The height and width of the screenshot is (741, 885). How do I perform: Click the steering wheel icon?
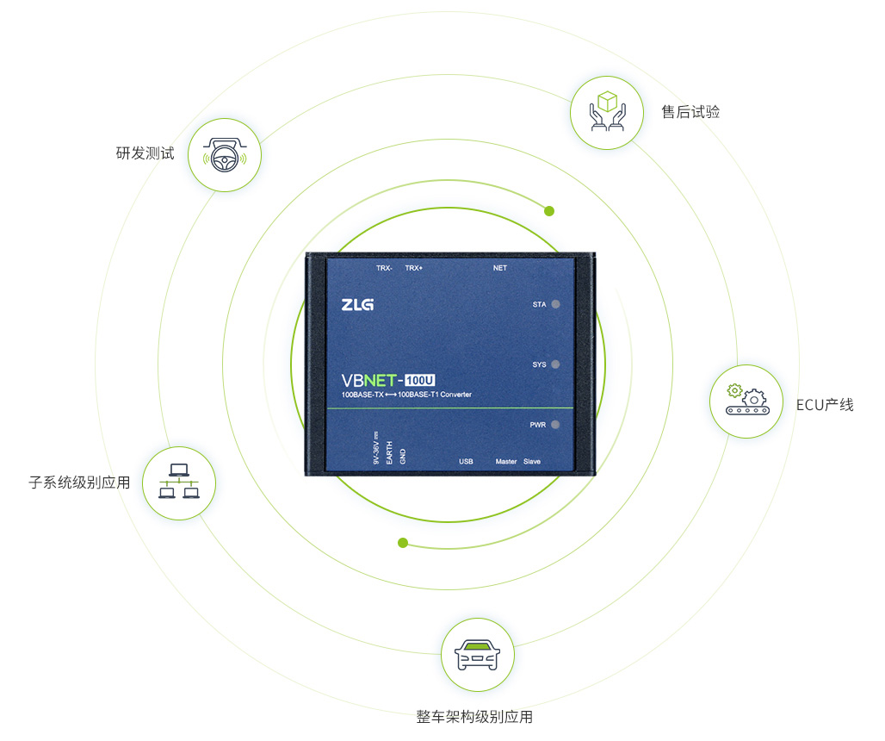(225, 155)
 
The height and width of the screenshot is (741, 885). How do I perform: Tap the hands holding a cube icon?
(607, 112)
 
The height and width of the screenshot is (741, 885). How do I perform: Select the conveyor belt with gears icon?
(747, 399)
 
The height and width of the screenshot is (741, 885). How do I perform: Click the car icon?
(478, 655)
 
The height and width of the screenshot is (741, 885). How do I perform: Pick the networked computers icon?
(179, 481)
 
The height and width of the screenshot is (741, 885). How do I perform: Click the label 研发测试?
(145, 153)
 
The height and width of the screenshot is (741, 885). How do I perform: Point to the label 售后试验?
(690, 112)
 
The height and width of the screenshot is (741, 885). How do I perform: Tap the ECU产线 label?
(825, 405)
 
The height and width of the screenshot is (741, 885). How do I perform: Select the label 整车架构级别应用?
(474, 717)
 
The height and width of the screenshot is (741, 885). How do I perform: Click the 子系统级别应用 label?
(79, 482)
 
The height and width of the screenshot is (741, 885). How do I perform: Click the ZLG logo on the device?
(357, 304)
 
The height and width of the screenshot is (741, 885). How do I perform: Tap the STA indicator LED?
(555, 304)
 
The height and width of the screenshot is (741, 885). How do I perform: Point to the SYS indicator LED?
(555, 364)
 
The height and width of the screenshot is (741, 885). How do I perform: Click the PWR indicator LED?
(555, 424)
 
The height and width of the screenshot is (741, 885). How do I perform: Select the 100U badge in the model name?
(420, 380)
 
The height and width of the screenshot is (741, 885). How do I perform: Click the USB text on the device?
(466, 462)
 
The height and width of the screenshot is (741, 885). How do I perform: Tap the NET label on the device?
(499, 268)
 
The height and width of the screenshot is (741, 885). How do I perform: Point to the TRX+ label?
(414, 268)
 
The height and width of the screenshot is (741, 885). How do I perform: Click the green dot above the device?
(549, 211)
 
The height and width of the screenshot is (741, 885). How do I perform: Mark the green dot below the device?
(402, 543)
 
